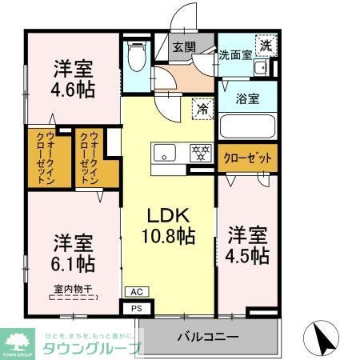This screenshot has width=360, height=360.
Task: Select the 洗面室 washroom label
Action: click(x=235, y=54)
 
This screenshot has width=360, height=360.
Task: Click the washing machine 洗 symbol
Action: click(x=265, y=46)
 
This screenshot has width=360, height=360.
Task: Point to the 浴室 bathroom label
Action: click(x=246, y=99)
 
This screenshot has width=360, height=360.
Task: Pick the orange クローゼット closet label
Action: click(x=247, y=158)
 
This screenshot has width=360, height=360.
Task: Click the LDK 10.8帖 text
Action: click(x=168, y=225)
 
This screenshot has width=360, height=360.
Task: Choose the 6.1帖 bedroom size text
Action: click(x=73, y=262)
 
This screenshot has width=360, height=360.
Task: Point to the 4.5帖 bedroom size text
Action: click(x=247, y=255)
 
